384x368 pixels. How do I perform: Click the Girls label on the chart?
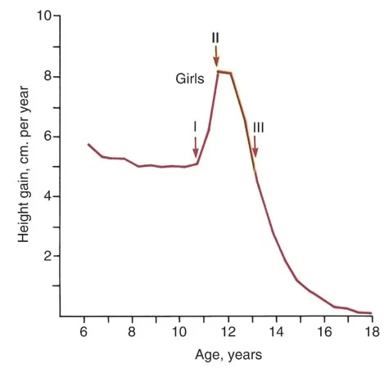190,79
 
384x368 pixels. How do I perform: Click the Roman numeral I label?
195,127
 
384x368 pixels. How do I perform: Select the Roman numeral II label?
215,38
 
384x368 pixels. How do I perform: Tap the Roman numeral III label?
258,128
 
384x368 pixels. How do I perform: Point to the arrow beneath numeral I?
195,147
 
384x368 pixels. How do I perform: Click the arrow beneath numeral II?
216,56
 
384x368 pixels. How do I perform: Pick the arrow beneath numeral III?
255,146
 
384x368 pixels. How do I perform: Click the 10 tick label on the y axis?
44,16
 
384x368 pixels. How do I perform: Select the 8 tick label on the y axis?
48,76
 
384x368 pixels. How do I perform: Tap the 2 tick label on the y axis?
48,256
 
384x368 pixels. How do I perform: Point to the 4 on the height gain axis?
48,196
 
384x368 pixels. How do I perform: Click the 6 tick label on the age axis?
84,332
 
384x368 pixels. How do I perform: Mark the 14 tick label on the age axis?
276,332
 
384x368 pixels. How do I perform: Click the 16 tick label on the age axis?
324,332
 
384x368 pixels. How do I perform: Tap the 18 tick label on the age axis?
372,332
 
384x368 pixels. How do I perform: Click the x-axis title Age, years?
228,355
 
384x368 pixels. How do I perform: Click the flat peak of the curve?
224,72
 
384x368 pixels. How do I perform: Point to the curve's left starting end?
88,144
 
